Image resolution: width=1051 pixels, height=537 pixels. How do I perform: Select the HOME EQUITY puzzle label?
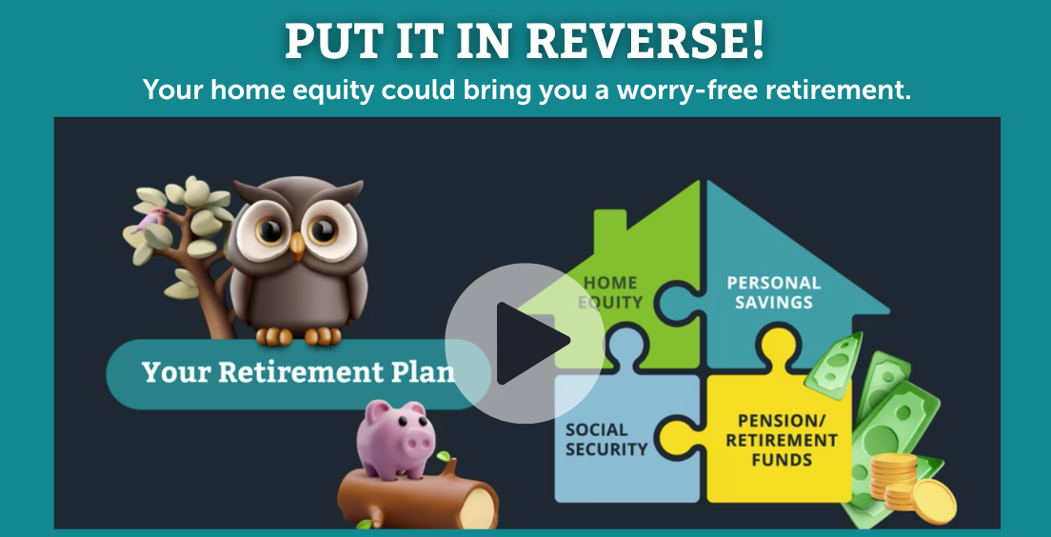click(609, 292)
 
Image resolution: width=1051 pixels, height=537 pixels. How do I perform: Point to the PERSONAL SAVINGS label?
click(774, 292)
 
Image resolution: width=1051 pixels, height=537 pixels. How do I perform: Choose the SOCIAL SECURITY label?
click(605, 439)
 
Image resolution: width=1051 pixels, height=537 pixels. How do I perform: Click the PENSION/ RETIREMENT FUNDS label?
click(782, 440)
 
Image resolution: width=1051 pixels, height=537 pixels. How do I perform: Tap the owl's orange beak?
click(297, 246)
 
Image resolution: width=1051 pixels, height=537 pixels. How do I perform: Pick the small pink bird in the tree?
click(151, 219)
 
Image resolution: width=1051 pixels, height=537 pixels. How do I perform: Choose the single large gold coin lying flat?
click(934, 502)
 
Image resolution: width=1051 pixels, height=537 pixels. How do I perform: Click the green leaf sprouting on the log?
click(444, 457)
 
